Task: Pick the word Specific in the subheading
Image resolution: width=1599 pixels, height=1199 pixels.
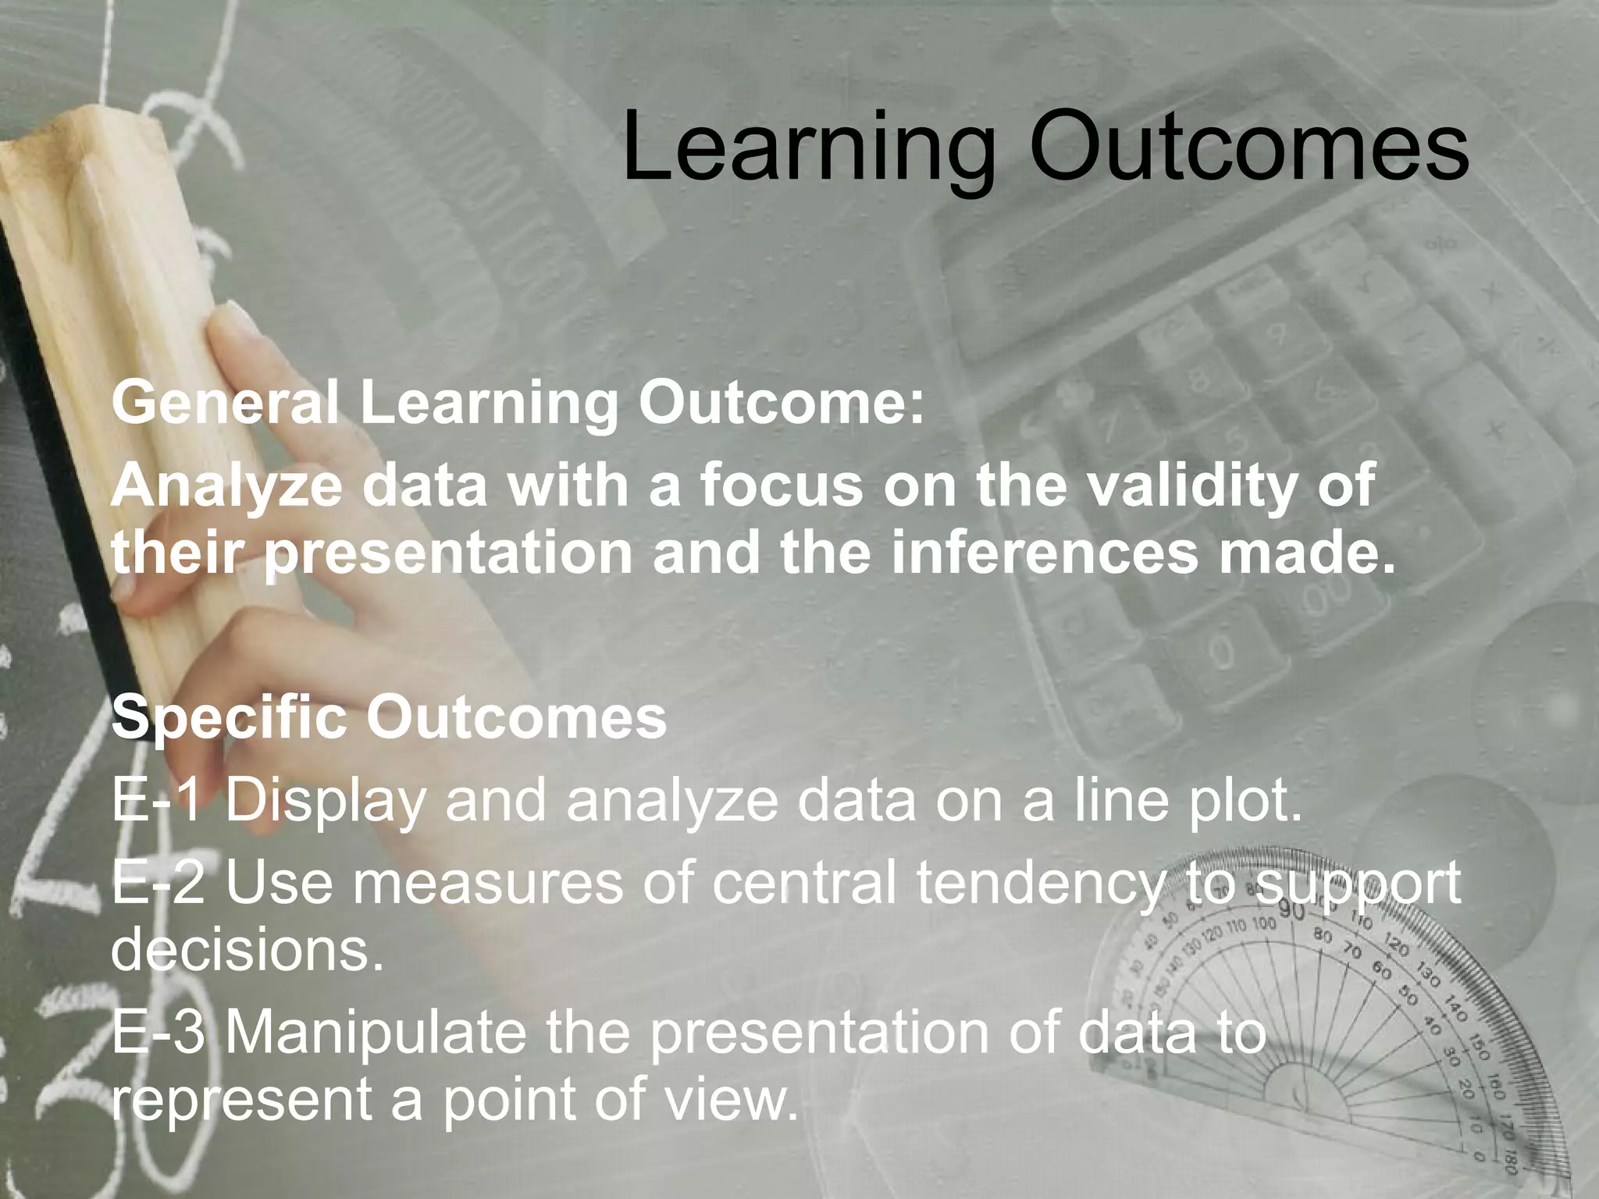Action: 230,718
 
